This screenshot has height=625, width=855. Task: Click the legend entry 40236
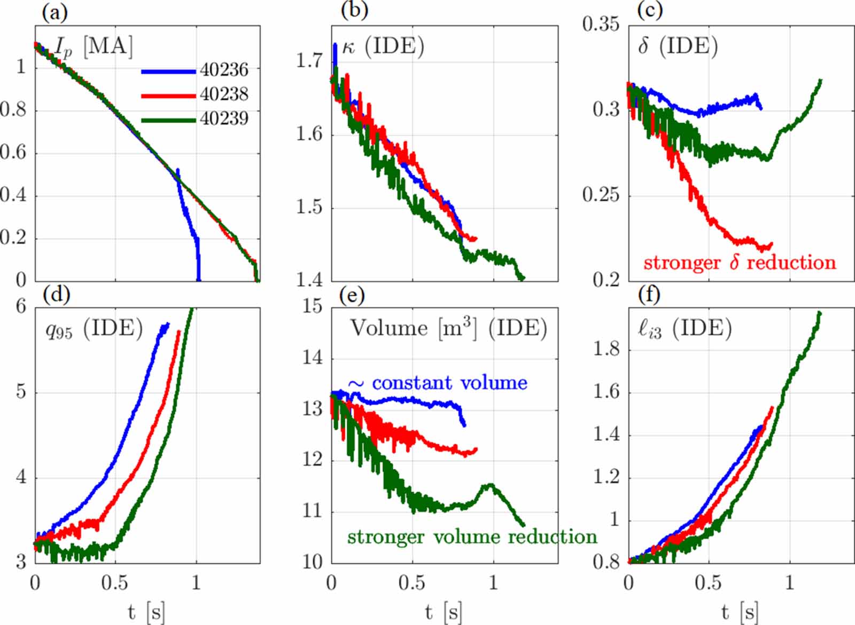pyautogui.click(x=224, y=69)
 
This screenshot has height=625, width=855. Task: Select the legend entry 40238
pyautogui.click(x=224, y=94)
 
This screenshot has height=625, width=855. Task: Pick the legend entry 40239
pyautogui.click(x=224, y=118)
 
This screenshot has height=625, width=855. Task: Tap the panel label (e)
pyautogui.click(x=352, y=294)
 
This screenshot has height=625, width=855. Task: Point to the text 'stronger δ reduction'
pyautogui.click(x=740, y=263)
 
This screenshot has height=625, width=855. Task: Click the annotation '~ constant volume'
pyautogui.click(x=438, y=383)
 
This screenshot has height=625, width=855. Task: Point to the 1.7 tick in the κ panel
pyautogui.click(x=309, y=60)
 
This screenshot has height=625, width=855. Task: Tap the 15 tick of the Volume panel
pyautogui.click(x=313, y=306)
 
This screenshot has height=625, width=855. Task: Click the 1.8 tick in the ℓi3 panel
pyautogui.click(x=607, y=349)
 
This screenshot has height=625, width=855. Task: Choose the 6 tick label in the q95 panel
pyautogui.click(x=21, y=306)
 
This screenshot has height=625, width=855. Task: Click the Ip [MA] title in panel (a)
pyautogui.click(x=94, y=47)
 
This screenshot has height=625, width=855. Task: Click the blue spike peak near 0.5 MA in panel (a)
pyautogui.click(x=178, y=170)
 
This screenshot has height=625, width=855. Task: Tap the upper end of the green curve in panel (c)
pyautogui.click(x=820, y=81)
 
